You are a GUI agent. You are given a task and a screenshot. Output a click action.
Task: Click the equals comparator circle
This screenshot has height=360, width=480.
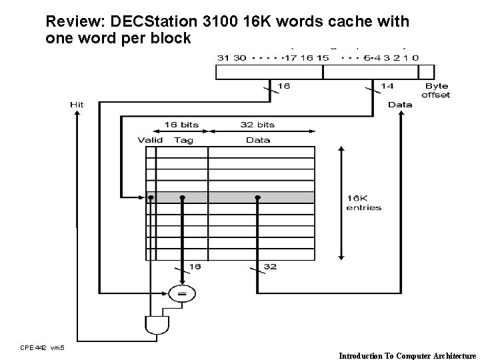pyautogui.click(x=181, y=292)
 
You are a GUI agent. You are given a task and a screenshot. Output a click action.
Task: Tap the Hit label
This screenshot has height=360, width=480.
pyautogui.click(x=77, y=105)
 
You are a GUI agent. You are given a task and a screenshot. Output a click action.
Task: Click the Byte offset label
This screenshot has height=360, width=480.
pyautogui.click(x=436, y=91)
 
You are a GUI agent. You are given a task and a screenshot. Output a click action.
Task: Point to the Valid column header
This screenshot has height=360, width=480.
pyautogui.click(x=150, y=140)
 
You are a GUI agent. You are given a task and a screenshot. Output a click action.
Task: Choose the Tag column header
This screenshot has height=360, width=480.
pyautogui.click(x=183, y=140)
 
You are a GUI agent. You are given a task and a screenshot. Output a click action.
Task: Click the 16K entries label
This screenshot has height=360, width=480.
pyautogui.click(x=364, y=203)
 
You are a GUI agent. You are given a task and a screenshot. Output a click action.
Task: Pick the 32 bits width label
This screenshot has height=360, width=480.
pyautogui.click(x=257, y=125)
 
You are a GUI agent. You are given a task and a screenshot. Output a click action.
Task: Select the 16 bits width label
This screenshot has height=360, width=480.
pyautogui.click(x=181, y=125)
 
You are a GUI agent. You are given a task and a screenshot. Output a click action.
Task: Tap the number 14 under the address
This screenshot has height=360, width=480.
pyautogui.click(x=387, y=85)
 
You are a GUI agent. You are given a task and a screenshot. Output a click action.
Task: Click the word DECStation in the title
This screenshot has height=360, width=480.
pyautogui.click(x=151, y=21)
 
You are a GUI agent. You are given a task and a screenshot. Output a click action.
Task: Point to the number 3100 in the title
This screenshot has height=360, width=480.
pyautogui.click(x=230, y=21)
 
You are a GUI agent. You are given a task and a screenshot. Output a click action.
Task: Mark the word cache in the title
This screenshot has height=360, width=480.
pyautogui.click(x=355, y=21)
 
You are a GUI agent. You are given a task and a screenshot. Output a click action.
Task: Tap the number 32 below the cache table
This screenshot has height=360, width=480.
pyautogui.click(x=269, y=267)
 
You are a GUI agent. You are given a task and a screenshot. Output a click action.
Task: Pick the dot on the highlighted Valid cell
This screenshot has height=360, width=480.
pyautogui.click(x=151, y=197)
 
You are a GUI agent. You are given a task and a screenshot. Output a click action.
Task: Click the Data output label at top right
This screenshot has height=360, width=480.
pyautogui.click(x=400, y=105)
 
